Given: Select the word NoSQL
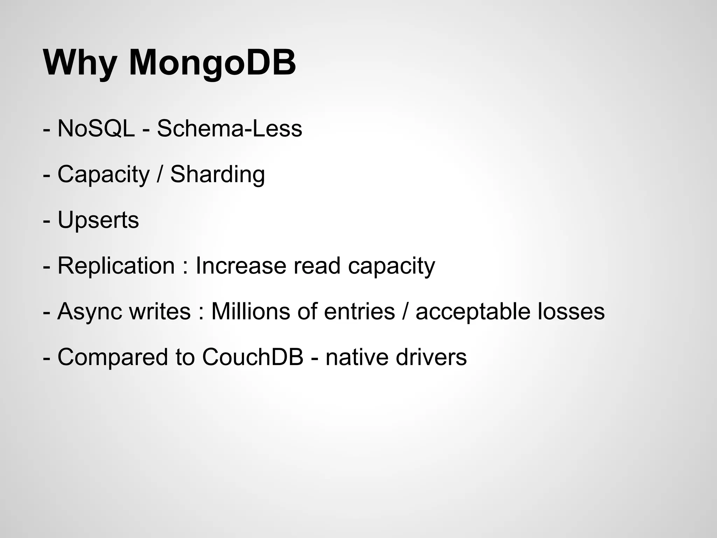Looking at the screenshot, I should [96, 129].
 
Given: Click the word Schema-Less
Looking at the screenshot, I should [229, 129].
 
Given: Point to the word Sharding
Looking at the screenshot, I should [217, 174].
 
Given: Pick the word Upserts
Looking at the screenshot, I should [98, 220].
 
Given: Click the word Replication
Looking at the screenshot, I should [116, 265].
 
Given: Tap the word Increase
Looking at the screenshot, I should [241, 265].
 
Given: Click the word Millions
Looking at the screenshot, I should [251, 311].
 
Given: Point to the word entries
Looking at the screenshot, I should [359, 311].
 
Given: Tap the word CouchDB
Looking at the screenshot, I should [252, 357].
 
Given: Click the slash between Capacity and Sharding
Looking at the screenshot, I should [160, 174].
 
